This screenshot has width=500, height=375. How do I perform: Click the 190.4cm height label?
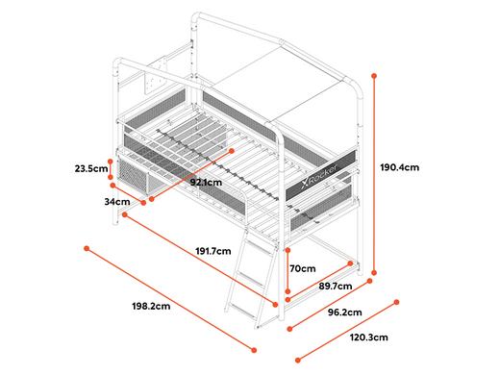point(399,167)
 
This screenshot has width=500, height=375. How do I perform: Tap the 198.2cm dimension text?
point(151,306)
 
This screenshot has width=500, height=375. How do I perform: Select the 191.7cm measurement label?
point(213,251)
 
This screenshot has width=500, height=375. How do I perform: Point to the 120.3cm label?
point(368,337)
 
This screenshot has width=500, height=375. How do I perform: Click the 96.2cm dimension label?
point(345,312)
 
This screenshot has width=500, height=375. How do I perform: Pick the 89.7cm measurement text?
point(336,286)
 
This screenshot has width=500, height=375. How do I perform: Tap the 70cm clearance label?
point(303,268)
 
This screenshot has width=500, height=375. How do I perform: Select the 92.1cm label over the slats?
point(206,183)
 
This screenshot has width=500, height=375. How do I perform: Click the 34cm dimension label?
point(117,202)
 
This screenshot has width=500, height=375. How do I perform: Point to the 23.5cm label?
point(91,168)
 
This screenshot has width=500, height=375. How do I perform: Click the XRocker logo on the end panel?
point(319,176)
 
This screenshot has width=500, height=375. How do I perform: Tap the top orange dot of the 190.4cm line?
point(374,76)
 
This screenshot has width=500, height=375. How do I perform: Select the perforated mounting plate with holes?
point(156,75)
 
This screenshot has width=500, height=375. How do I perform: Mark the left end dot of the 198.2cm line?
point(87,248)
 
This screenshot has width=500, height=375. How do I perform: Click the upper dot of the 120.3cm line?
point(396,302)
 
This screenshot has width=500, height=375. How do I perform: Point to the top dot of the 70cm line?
point(287,250)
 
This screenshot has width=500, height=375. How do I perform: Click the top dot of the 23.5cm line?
point(111,162)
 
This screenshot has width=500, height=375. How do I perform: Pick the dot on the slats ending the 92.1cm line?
point(232,151)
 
